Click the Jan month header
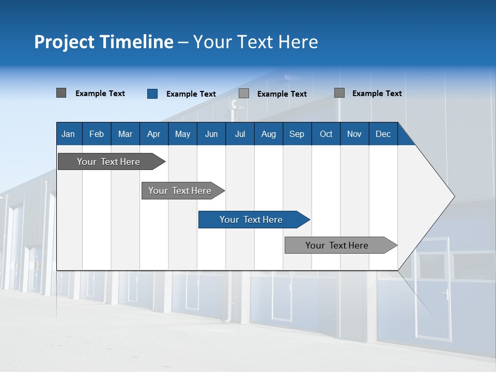pyautogui.click(x=68, y=134)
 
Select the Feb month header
pyautogui.click(x=97, y=134)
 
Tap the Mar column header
pyautogui.click(x=125, y=134)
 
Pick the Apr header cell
pyautogui.click(x=154, y=134)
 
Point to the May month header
pyautogui.click(x=182, y=134)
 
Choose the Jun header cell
pyautogui.click(x=211, y=134)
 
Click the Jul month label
pyautogui.click(x=240, y=134)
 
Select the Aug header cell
pyautogui.click(x=269, y=134)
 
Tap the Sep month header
pyautogui.click(x=297, y=134)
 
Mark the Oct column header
pyautogui.click(x=326, y=134)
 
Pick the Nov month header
pyautogui.click(x=354, y=134)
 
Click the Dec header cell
pyautogui.click(x=383, y=134)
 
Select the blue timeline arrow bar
pyautogui.click(x=251, y=220)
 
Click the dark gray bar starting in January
pyautogui.click(x=109, y=162)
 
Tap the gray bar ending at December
pyautogui.click(x=337, y=245)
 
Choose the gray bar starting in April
pyautogui.click(x=180, y=191)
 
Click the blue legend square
pyautogui.click(x=152, y=94)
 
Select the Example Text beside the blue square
pyautogui.click(x=191, y=94)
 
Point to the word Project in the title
pyautogui.click(x=65, y=42)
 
